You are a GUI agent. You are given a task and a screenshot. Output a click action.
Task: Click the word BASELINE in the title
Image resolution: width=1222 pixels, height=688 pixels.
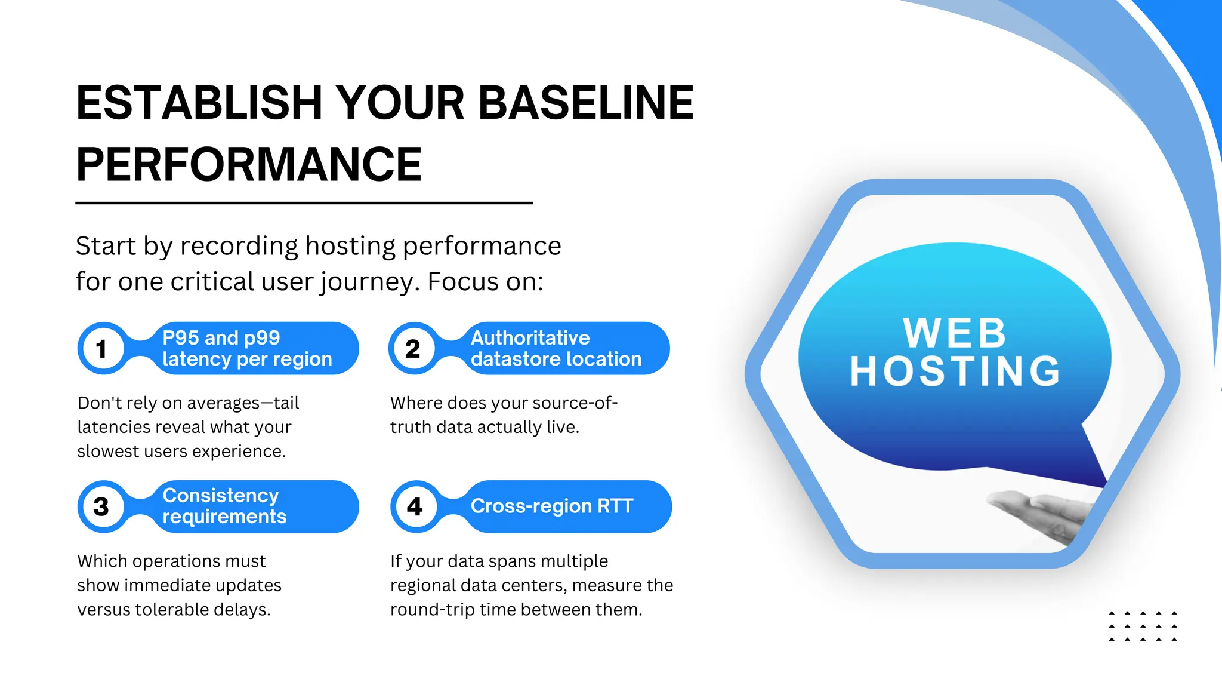coord(585,103)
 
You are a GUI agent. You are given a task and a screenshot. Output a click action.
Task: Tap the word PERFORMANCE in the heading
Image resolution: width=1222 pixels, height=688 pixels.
coord(249,165)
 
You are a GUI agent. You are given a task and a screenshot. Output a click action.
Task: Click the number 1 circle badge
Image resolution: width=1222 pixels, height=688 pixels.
coord(102,349)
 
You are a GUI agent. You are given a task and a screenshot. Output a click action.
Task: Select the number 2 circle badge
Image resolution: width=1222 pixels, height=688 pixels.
coord(413,349)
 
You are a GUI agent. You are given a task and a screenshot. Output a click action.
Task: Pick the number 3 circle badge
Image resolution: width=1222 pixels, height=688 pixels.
coord(102,507)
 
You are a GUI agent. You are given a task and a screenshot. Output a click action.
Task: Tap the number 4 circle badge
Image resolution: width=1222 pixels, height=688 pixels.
coord(415,507)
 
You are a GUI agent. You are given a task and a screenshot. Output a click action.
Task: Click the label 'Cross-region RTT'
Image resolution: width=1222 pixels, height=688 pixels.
coord(552,506)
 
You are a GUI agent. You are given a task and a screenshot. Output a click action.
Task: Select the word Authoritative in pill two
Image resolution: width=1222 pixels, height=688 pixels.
coord(530,338)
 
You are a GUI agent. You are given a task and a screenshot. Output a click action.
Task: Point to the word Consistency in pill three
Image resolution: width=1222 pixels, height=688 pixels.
coord(221,496)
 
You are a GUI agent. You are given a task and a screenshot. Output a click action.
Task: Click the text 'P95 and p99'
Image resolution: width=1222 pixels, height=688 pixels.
coord(221,338)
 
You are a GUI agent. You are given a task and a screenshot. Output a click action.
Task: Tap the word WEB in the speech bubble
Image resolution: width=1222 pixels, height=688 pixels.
coord(955,333)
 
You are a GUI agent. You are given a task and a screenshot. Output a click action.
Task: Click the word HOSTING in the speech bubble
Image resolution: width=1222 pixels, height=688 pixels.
coord(955,371)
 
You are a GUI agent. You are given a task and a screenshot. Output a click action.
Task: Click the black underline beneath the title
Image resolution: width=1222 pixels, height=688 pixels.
coord(304,203)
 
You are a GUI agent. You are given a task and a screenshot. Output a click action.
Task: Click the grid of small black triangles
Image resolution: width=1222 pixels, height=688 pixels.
coord(1143,626)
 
